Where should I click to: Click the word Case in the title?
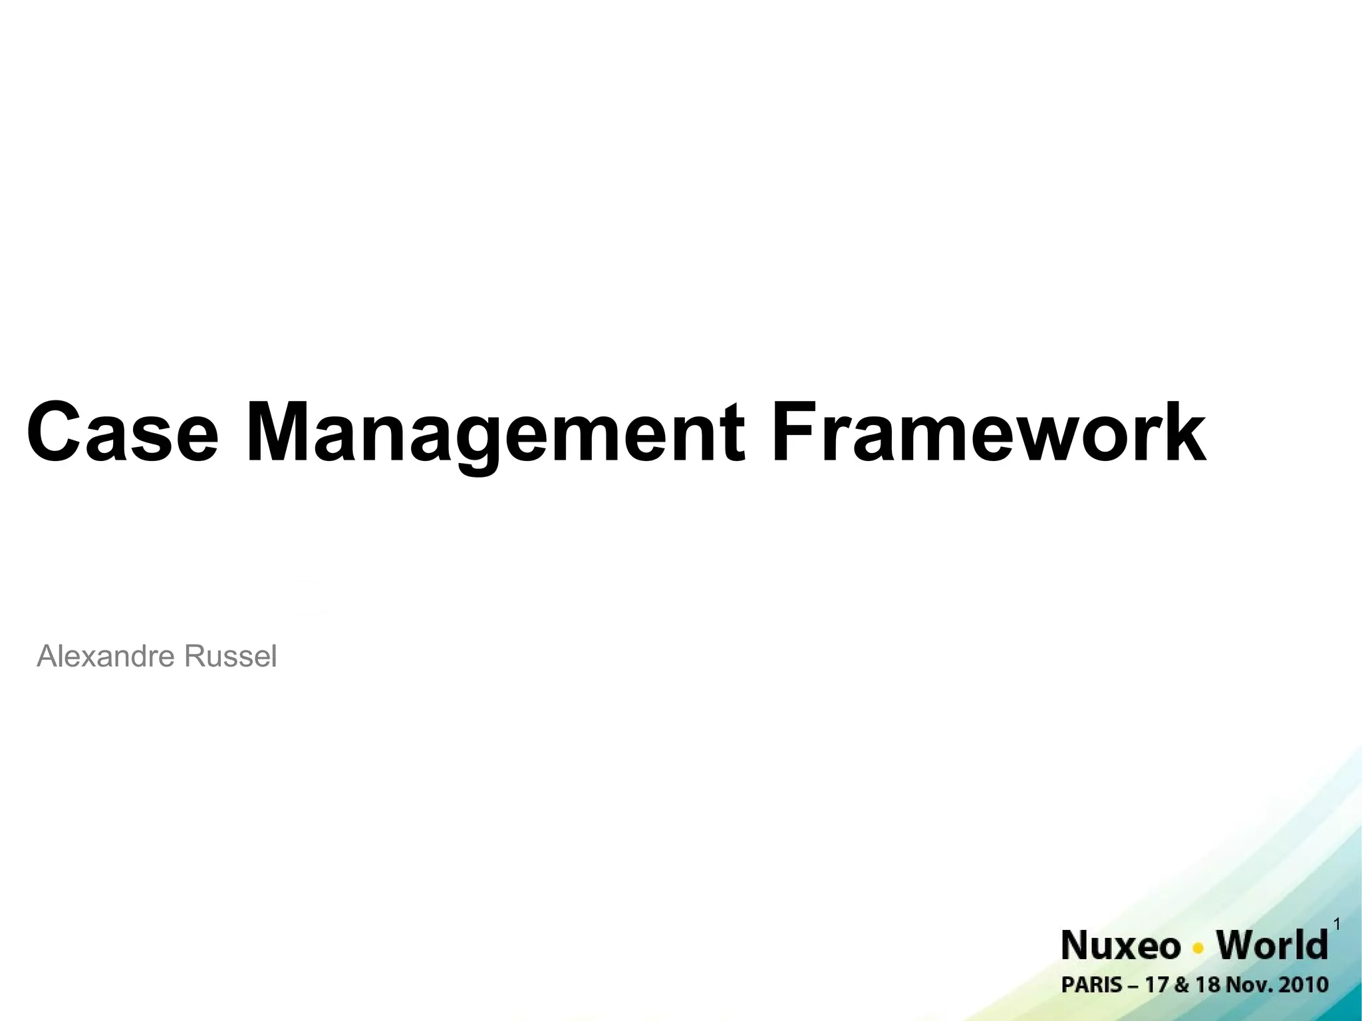pos(122,432)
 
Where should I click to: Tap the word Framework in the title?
pos(988,432)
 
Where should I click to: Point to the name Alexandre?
pos(106,656)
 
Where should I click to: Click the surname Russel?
pos(230,656)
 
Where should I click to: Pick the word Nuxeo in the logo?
pos(1121,946)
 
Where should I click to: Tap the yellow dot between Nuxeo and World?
pos(1198,948)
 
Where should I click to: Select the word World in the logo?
pos(1272,946)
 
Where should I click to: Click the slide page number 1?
pos(1337,924)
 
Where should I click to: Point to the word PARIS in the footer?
pos(1092,985)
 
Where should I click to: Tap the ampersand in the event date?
pos(1181,985)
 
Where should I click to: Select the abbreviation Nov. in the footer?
pos(1246,985)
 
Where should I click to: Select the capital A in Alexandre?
pos(48,656)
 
